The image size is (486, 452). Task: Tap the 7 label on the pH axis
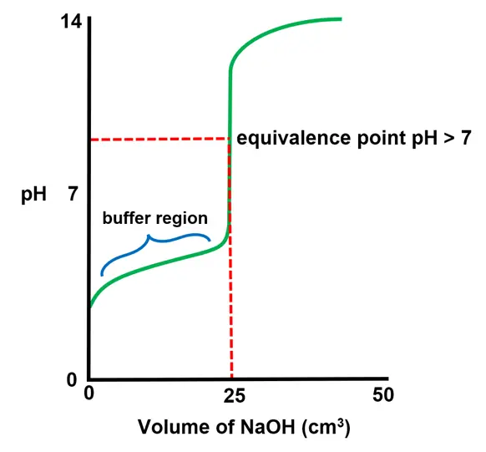(x=73, y=196)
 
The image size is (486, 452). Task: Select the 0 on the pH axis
(x=73, y=380)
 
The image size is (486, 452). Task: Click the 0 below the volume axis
(x=89, y=396)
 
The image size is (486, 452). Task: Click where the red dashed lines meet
(x=229, y=139)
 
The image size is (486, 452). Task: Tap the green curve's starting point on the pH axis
(x=90, y=307)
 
